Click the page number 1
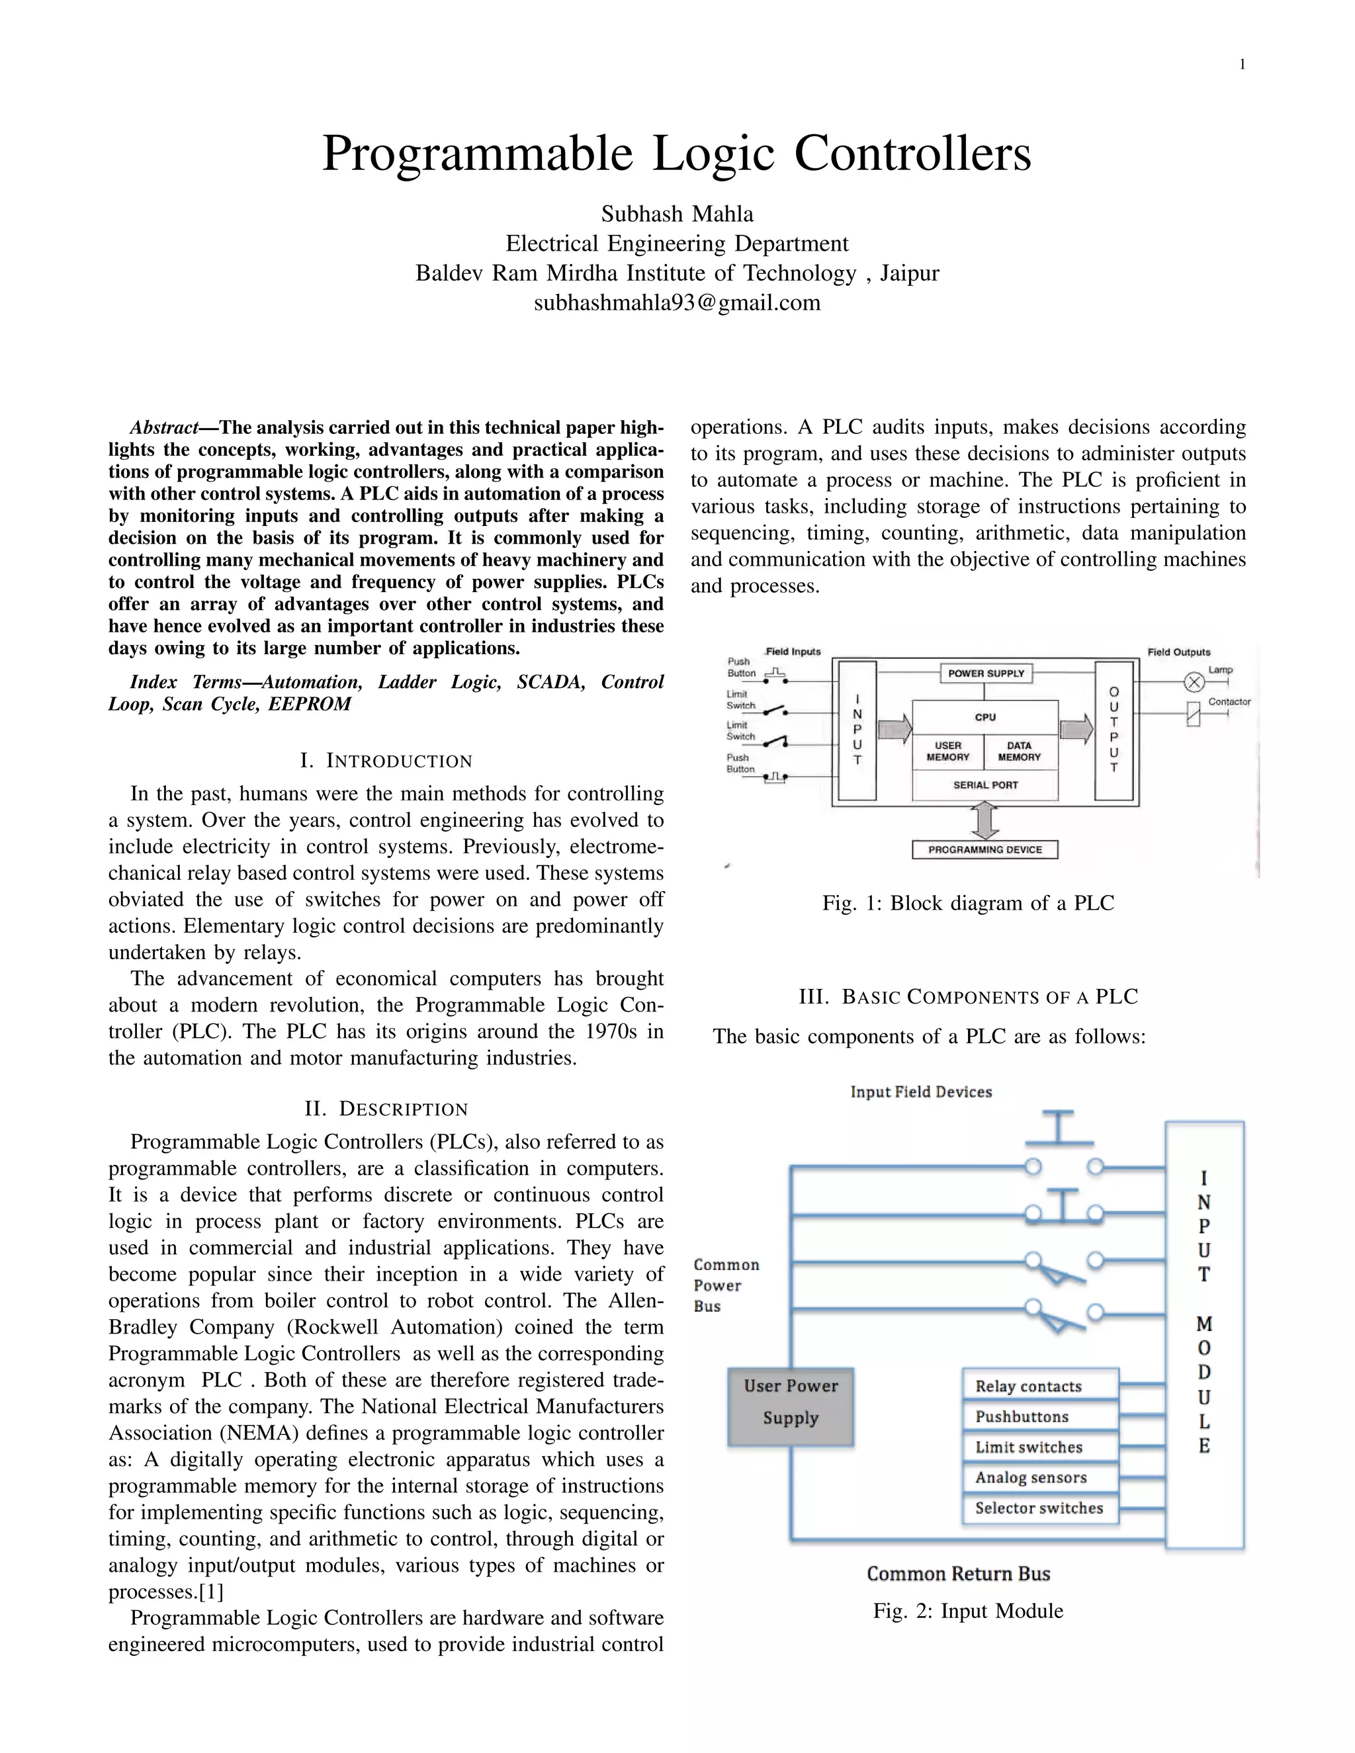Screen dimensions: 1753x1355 pos(1242,65)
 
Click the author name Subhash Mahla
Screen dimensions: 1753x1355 pos(677,214)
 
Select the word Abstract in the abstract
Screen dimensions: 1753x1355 pos(164,427)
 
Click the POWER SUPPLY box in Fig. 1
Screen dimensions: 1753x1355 pos(986,673)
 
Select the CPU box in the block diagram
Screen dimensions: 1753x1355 pos(985,717)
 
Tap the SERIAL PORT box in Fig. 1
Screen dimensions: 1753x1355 pos(985,785)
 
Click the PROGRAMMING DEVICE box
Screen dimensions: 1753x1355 pos(985,849)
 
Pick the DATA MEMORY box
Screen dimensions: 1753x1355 pos(1019,751)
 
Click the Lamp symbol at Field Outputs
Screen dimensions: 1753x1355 pos(1194,682)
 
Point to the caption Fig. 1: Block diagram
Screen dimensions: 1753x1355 pos(968,903)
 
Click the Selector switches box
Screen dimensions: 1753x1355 pos(1039,1508)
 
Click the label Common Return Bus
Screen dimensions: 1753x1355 pos(959,1574)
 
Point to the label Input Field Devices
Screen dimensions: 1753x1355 pos(921,1091)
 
